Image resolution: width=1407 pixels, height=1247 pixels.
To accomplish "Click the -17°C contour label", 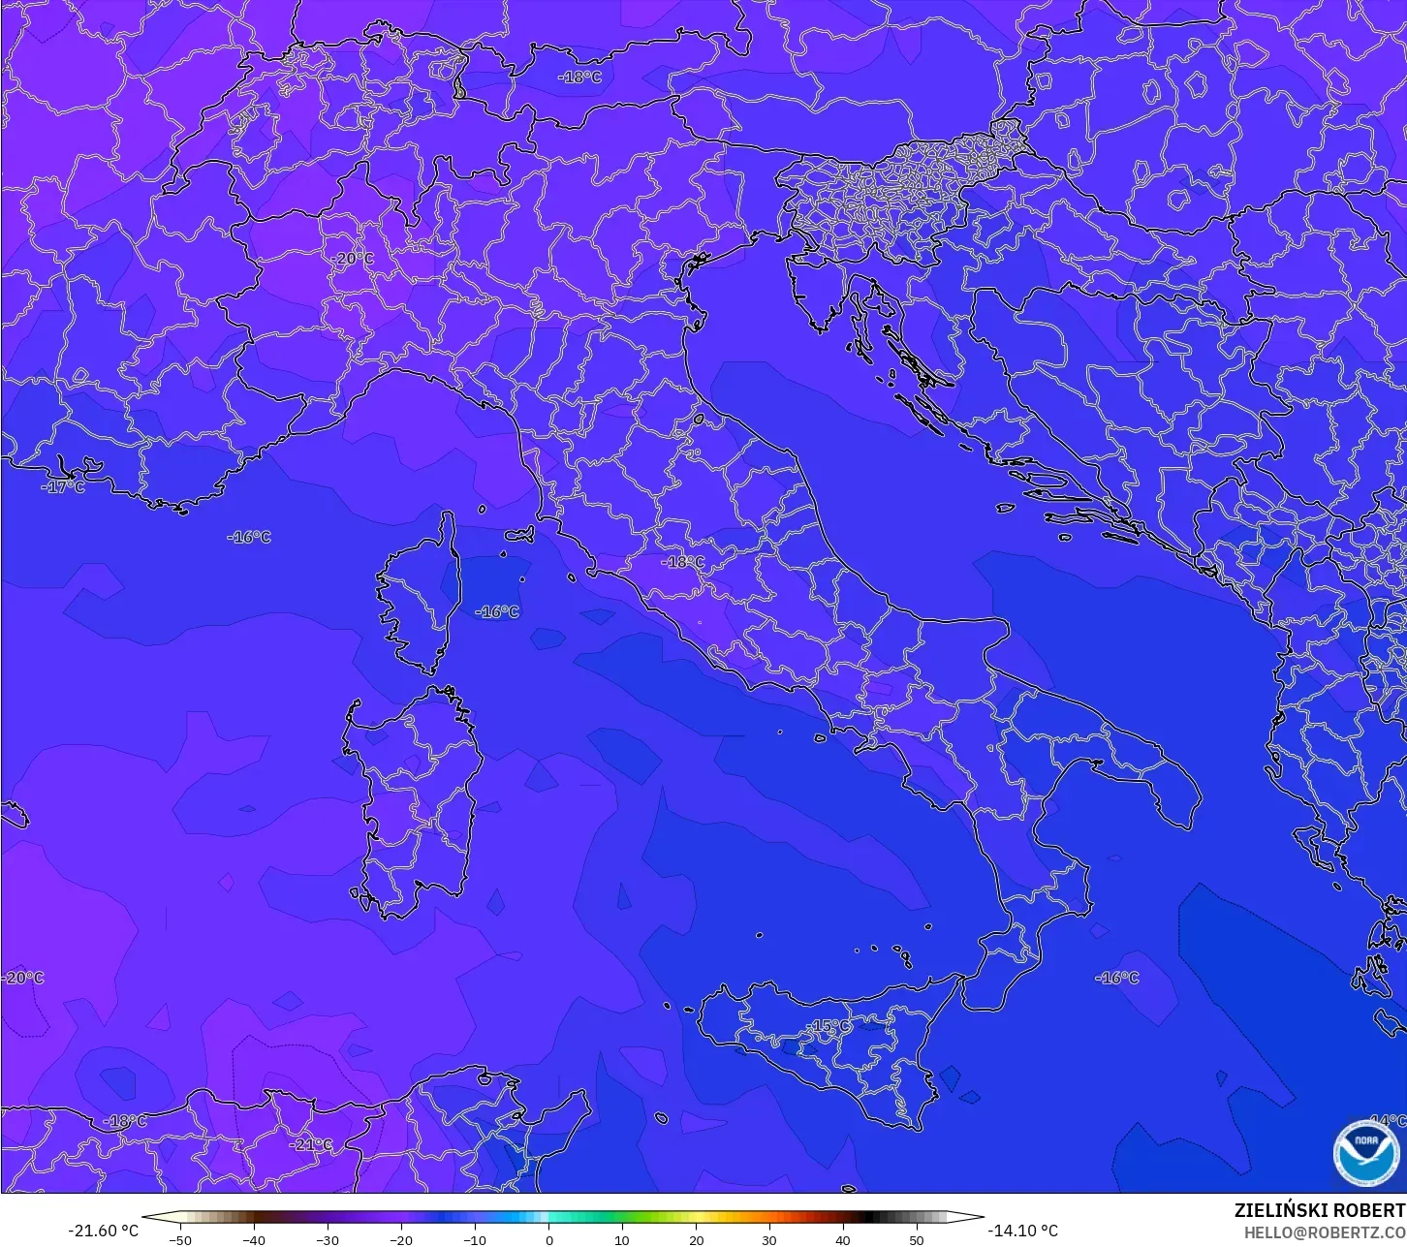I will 64,487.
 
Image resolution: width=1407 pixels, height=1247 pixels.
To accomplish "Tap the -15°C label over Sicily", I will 830,1026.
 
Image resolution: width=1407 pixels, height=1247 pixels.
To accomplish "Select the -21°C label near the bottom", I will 312,1144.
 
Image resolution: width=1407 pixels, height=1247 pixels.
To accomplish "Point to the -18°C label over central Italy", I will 683,562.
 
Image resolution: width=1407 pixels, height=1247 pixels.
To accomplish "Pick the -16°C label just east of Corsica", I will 498,612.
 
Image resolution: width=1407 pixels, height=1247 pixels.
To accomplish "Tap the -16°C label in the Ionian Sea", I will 1117,978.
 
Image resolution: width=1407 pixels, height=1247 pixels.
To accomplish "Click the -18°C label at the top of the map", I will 579,78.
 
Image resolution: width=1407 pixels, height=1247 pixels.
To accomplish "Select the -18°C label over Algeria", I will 126,1121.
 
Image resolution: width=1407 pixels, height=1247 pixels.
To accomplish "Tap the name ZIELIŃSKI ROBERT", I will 1319,1210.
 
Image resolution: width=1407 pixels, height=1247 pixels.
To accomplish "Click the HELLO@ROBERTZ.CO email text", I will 1325,1232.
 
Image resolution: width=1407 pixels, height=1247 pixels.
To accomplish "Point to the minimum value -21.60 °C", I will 103,1231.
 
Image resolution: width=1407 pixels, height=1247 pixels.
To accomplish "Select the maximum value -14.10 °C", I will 1023,1231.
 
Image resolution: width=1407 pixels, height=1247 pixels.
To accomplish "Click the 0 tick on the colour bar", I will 548,1239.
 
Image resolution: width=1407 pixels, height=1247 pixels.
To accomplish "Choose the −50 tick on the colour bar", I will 180,1239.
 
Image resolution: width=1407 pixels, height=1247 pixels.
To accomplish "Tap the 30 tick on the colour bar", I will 768,1239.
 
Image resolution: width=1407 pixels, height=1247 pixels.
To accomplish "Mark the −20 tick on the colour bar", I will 401,1239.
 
